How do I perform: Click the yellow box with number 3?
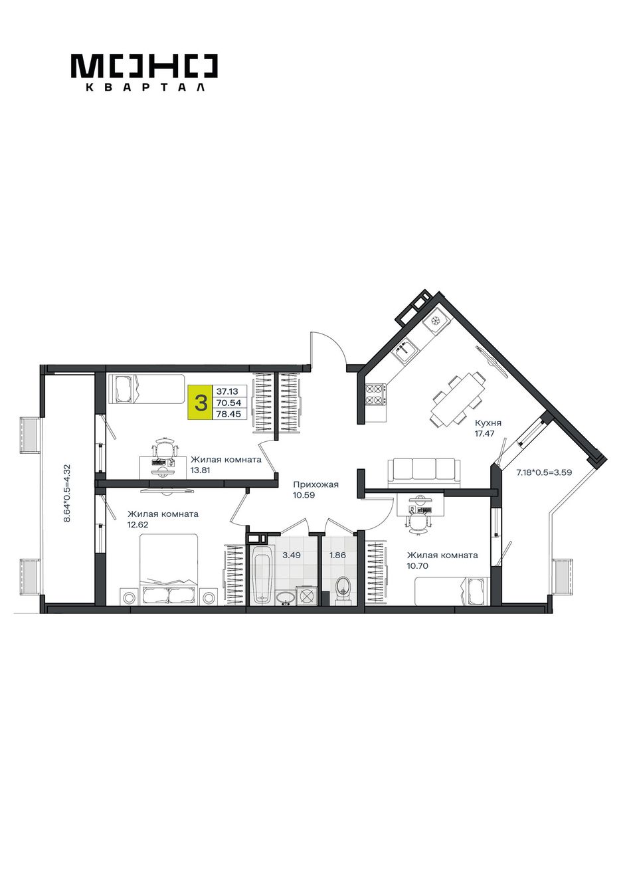click(200, 403)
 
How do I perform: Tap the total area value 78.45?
click(228, 414)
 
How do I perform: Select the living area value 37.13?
click(227, 391)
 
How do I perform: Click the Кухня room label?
click(488, 423)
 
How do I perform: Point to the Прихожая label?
click(315, 485)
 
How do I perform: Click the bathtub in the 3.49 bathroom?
click(262, 575)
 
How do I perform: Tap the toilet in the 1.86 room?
click(343, 591)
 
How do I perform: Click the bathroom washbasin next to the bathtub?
click(286, 599)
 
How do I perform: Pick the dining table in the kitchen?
click(458, 399)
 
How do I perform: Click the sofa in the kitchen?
click(424, 473)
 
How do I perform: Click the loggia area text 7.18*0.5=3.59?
click(544, 473)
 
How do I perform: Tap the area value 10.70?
click(418, 565)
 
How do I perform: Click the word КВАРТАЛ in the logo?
click(145, 87)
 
